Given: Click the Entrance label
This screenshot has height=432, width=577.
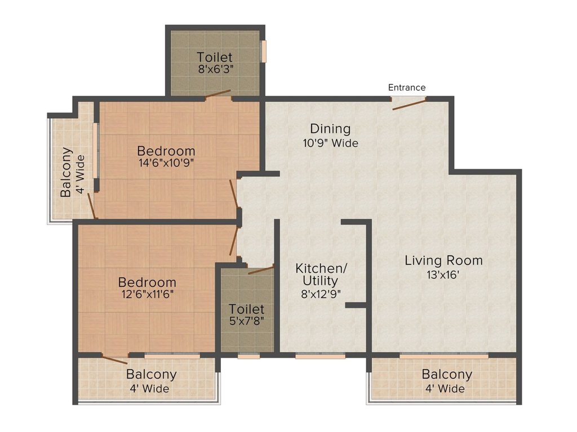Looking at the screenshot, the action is point(407,87).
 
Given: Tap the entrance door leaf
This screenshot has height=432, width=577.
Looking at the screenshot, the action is point(409,103).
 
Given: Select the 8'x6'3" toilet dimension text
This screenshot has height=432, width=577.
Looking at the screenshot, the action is point(216,69).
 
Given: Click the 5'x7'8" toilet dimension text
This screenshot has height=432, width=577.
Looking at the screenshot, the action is point(247,321).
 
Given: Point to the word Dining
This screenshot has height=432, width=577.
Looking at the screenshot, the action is point(330,129).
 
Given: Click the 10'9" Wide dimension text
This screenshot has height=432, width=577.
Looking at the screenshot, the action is point(330,143).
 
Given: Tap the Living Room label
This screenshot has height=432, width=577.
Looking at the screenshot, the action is point(444,260).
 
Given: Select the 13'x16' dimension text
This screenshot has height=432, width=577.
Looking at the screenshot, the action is point(443,274).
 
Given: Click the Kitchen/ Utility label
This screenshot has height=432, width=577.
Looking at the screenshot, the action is point(321,274).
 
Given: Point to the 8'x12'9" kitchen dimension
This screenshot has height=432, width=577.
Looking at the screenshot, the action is point(321,294).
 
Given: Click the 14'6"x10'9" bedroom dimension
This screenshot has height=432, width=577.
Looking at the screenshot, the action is point(166,163).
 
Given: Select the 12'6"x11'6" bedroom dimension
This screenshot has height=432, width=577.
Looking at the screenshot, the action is point(148,294).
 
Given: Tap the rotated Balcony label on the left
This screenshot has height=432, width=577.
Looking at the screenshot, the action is point(66,172).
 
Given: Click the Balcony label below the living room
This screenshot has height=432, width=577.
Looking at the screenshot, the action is point(447,374).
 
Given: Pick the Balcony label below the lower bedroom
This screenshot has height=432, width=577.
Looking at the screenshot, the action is point(151,374).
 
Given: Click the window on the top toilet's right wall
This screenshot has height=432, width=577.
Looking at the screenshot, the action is point(264,51).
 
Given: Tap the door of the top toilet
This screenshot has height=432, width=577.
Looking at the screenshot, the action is point(218,94).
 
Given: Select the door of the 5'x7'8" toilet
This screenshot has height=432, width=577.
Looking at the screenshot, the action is point(261,270).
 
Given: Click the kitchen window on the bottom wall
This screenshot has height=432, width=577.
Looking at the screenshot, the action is point(320,355).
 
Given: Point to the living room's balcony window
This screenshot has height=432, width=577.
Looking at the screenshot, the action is point(444,355).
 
